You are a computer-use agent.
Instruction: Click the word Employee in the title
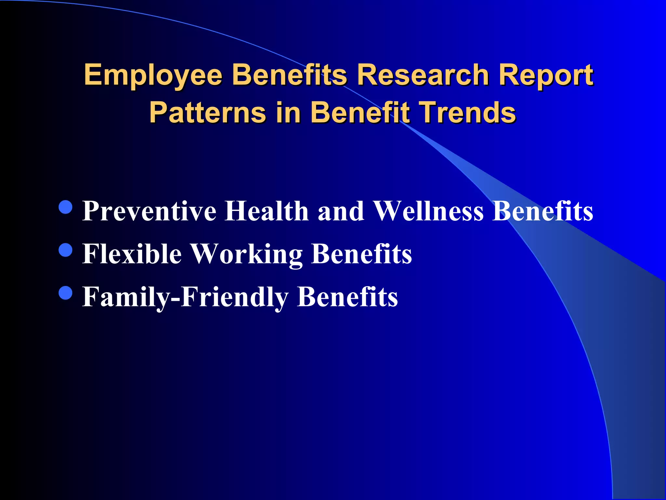click(153, 76)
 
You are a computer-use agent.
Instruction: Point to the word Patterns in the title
click(208, 112)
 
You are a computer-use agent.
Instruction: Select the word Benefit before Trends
click(360, 112)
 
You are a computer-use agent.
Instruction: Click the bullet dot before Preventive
click(66, 207)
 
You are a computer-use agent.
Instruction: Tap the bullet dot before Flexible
click(66, 250)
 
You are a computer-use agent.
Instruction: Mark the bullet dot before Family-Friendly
click(66, 293)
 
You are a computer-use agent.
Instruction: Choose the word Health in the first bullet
click(267, 211)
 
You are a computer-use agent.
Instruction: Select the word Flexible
click(132, 254)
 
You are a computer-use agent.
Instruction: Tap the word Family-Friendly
click(185, 297)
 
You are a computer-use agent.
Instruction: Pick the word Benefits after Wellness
click(543, 211)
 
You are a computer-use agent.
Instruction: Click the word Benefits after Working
click(362, 254)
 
